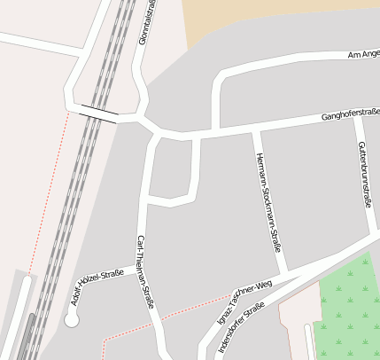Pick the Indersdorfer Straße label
pyautogui.click(x=241, y=327)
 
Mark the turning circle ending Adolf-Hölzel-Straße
pyautogui.click(x=71, y=320)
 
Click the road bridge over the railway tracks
pyautogui.click(x=98, y=112)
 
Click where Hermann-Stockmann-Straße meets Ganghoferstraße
pyautogui.click(x=255, y=129)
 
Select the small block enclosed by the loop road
pyautogui.click(x=171, y=168)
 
